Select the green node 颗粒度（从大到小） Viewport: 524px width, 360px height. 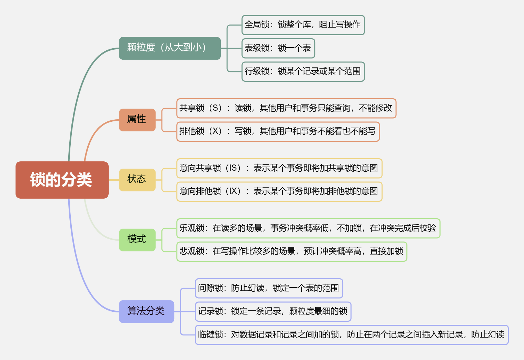click(170, 48)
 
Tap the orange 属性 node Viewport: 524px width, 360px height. click(137, 120)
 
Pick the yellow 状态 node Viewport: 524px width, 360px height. click(137, 180)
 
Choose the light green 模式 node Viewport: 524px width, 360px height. click(137, 240)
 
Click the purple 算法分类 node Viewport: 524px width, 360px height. click(146, 311)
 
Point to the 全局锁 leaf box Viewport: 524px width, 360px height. click(303, 25)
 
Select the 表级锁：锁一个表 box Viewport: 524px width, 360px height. click(278, 48)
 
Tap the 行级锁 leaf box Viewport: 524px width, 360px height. click(303, 71)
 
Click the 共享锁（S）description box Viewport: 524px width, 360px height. click(286, 108)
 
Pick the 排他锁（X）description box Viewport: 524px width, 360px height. click(278, 131)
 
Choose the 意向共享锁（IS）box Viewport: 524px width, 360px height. click(279, 168)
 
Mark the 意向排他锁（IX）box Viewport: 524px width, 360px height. click(279, 191)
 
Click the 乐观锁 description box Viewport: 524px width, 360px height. click(308, 228)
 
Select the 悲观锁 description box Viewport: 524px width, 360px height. click(291, 251)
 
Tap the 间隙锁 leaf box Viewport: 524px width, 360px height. click(269, 288)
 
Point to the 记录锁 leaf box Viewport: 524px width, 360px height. click(273, 311)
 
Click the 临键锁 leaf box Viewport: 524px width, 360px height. click(352, 334)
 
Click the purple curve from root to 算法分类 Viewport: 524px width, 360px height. click(80, 269)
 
